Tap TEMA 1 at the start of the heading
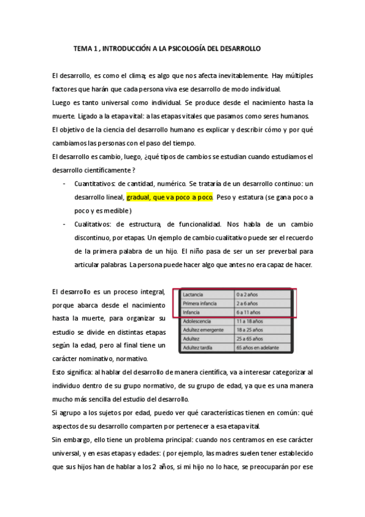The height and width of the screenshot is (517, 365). coord(85,47)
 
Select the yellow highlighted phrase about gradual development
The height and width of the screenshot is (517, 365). coord(169,198)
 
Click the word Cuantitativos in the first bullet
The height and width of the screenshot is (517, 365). coord(95,184)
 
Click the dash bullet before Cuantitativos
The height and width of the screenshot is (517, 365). coord(65,184)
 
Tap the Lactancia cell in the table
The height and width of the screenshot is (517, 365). coord(193,294)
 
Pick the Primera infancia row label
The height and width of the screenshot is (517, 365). coord(200,303)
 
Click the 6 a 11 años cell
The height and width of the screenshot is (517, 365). coord(249,312)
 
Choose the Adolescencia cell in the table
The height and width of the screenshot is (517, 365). coord(199,321)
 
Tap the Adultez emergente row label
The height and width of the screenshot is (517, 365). coord(204,330)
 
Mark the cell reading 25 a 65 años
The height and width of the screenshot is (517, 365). coord(250,338)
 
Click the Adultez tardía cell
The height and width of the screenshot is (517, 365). coord(197,347)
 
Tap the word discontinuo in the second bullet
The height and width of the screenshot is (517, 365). coord(93,238)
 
